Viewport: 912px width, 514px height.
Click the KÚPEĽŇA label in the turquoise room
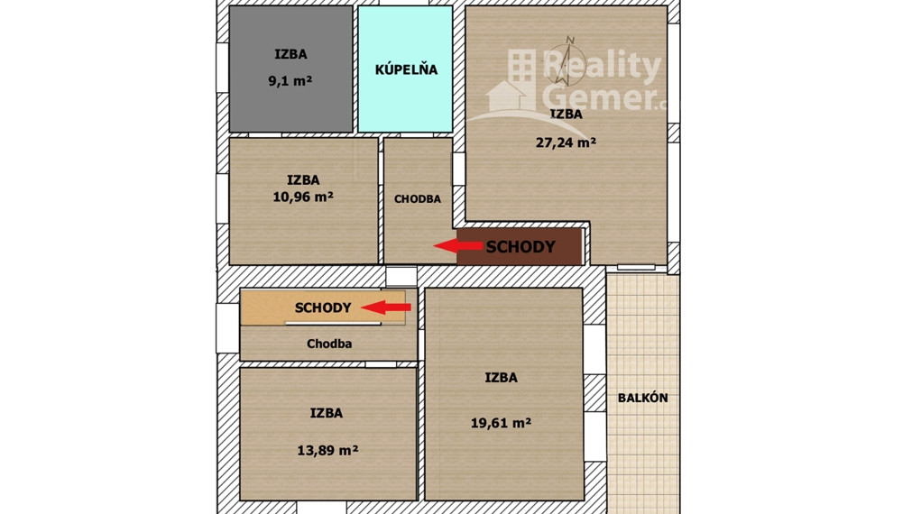tap(406, 69)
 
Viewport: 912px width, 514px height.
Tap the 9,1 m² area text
tap(290, 80)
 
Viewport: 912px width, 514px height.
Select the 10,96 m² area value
tap(302, 196)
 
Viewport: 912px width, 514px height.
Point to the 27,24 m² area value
tap(566, 142)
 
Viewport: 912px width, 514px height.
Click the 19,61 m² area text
tap(501, 421)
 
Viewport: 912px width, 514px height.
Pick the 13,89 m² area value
tap(327, 450)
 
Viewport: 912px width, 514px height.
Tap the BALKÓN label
tap(642, 398)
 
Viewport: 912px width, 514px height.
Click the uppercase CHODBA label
tap(418, 198)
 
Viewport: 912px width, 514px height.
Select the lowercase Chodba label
tap(329, 344)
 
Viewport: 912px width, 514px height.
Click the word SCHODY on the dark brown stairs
tap(520, 246)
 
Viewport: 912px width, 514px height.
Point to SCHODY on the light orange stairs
tap(323, 307)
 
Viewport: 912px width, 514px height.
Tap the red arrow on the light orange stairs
tap(392, 307)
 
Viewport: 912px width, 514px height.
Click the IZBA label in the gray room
tap(290, 54)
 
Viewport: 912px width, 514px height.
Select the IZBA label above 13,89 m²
tap(326, 413)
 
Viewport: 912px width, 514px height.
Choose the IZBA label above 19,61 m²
tap(501, 378)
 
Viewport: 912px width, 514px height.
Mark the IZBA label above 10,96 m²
tap(303, 179)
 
